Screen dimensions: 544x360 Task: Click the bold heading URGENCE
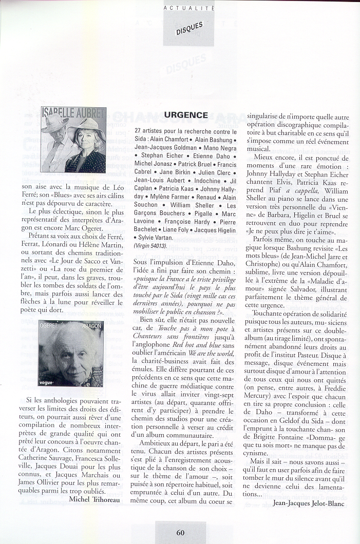tap(186, 115)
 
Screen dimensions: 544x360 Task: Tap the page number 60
tap(180, 533)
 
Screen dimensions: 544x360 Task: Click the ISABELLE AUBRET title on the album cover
tap(73, 113)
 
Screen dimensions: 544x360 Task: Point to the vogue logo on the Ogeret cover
tap(47, 382)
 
